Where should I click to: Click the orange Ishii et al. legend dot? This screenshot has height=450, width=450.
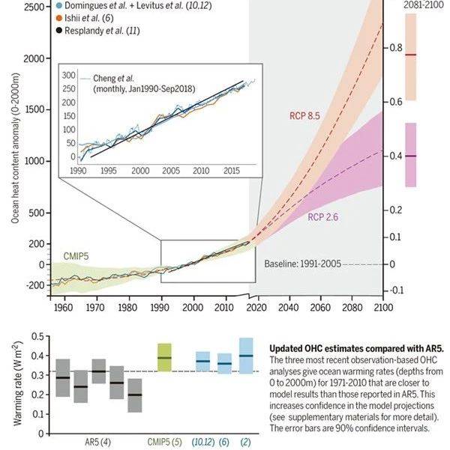(60, 17)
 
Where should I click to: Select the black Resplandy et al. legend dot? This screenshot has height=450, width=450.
(60, 30)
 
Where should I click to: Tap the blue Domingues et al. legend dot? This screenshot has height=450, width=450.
(60, 4)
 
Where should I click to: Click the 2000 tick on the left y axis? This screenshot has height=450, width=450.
(30, 58)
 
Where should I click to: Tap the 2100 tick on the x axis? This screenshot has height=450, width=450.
(382, 307)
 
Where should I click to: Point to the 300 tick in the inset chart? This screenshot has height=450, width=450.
(69, 76)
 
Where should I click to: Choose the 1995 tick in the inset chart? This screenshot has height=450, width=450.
(109, 171)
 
